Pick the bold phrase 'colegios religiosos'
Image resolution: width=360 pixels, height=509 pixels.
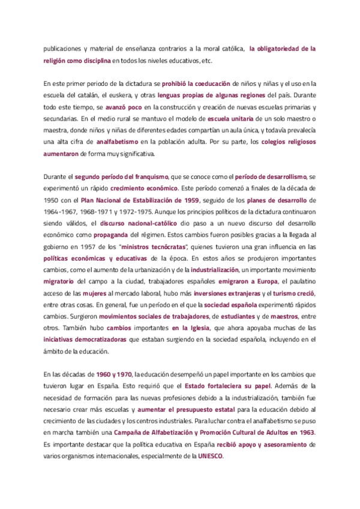290,142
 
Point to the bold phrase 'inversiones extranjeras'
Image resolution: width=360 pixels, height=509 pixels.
228,293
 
